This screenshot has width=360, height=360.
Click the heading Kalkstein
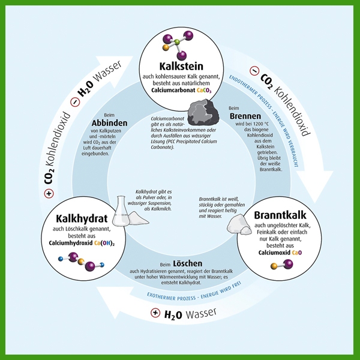point(181,67)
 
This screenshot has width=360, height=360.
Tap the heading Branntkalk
point(280,215)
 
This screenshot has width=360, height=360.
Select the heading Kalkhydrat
point(82,219)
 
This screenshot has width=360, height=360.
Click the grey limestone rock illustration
point(203,113)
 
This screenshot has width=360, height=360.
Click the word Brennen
point(245,116)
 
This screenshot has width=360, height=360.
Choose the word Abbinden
point(109,123)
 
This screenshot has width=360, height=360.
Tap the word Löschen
point(188,263)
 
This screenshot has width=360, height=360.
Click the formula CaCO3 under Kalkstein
point(204,90)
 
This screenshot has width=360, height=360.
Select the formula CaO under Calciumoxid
point(297,253)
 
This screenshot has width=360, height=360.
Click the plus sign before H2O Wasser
point(155,313)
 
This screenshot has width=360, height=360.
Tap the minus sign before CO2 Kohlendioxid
point(254,71)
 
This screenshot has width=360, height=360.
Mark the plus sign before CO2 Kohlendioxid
point(49,193)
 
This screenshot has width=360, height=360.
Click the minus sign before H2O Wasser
point(75,102)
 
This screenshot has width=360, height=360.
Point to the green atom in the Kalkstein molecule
point(177,42)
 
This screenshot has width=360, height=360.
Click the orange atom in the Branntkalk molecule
point(274,266)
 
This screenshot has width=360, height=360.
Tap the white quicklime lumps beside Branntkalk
point(239,224)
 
